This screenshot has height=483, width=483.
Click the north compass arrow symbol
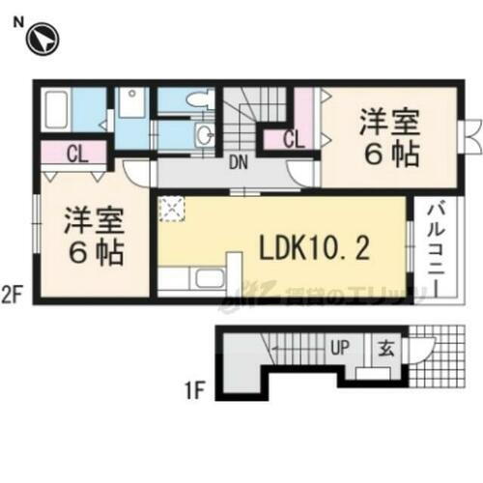tap(44, 40)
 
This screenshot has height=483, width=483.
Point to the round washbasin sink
tap(206, 135)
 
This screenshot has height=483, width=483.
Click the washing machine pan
tap(132, 103)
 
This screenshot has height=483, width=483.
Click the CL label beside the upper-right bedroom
tap(295, 140)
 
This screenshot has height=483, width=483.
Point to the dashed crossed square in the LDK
tap(173, 210)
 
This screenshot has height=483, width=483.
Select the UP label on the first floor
tap(342, 345)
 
